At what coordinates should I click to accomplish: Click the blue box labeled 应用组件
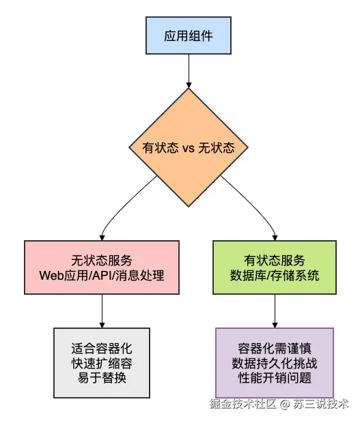(189, 35)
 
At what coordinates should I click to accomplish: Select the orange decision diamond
(189, 147)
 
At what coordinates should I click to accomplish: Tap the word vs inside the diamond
(189, 148)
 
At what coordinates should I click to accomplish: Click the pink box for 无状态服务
(102, 267)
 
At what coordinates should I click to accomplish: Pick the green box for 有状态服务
(275, 267)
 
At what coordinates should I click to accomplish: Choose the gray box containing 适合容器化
(102, 363)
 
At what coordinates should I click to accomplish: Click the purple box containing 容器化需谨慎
(275, 362)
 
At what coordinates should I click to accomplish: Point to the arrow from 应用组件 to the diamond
(189, 71)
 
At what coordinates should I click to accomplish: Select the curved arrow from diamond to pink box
(121, 204)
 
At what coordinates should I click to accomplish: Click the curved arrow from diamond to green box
(255, 204)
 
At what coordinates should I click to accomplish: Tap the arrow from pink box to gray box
(102, 311)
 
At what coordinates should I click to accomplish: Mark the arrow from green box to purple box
(275, 311)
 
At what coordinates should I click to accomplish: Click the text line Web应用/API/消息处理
(102, 275)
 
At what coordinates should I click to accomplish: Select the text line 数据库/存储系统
(275, 275)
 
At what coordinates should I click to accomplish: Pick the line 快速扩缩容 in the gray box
(102, 363)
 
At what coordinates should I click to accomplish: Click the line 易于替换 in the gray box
(102, 378)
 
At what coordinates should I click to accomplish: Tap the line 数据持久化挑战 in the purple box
(275, 363)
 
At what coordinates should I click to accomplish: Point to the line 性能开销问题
(275, 378)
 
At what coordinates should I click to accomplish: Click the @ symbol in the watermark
(285, 404)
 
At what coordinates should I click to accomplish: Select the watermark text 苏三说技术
(321, 404)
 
